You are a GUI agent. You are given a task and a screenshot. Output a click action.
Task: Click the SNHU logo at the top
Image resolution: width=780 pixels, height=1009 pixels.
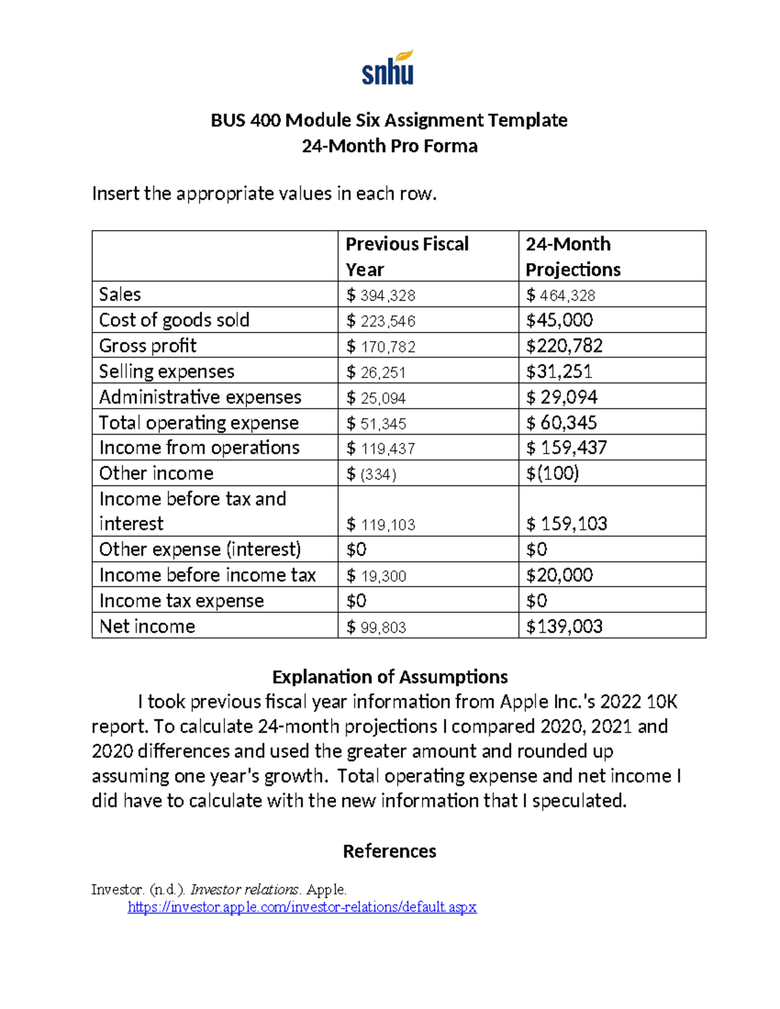tap(388, 68)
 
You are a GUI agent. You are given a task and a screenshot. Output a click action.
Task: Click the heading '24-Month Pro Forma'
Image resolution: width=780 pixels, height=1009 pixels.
tap(389, 146)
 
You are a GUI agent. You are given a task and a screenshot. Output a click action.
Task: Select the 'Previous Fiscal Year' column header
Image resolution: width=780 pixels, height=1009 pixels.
tap(407, 257)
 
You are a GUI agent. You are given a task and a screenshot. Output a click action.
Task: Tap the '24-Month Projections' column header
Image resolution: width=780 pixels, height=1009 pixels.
tap(573, 257)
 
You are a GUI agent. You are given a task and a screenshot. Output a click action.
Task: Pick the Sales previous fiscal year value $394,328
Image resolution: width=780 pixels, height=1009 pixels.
tap(381, 296)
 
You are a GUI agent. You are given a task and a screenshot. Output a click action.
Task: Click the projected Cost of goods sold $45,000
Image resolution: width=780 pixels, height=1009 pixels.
tap(559, 320)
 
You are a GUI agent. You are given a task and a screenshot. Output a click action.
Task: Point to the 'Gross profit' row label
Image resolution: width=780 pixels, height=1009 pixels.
tap(148, 346)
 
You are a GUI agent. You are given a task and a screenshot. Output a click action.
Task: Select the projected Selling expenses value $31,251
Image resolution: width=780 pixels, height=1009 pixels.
tap(559, 372)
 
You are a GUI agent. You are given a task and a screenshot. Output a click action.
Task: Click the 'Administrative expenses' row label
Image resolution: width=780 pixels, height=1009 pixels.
tap(200, 397)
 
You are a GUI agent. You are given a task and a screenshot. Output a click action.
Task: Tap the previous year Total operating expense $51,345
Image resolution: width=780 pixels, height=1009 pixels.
tap(376, 424)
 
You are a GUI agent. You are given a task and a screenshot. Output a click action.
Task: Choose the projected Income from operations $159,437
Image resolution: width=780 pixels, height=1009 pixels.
tap(566, 448)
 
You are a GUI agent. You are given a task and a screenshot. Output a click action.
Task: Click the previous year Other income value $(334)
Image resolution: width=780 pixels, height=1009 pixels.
tap(371, 474)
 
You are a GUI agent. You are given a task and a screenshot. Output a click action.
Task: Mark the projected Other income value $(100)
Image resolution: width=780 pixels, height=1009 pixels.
tap(552, 473)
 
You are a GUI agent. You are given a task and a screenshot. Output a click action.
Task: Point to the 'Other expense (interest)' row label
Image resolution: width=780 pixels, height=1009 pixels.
tap(200, 550)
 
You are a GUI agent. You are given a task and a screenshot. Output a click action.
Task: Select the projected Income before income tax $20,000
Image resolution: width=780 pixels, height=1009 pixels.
tap(559, 575)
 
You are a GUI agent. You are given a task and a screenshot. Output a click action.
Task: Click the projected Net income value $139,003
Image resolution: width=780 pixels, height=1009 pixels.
tap(564, 626)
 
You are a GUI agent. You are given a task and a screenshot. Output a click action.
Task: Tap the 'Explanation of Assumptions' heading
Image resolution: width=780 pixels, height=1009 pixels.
tap(389, 677)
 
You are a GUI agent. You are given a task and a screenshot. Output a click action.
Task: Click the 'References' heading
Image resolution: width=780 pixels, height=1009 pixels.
tap(389, 851)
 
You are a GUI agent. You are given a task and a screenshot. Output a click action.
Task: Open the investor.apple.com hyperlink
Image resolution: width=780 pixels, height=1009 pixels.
tap(302, 907)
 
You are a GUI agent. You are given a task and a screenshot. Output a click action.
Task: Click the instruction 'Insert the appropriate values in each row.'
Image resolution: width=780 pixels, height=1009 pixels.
tap(264, 194)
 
